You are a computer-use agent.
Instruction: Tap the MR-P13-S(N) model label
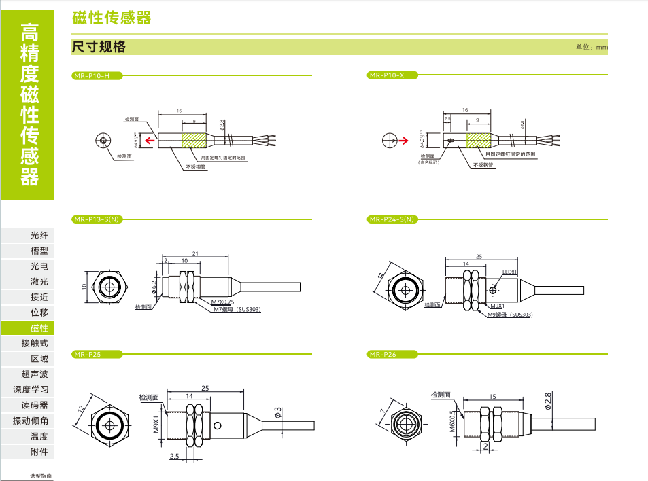(96, 219)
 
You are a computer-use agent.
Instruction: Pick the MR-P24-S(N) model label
(391, 219)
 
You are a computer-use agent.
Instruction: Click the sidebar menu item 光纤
(39, 236)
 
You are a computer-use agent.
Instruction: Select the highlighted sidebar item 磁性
(39, 328)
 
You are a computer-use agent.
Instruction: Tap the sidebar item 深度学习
(31, 390)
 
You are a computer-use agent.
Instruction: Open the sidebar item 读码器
(35, 406)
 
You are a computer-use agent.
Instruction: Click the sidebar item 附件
(39, 452)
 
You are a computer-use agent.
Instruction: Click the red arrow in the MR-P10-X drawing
(403, 141)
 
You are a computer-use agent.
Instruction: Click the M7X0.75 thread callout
(222, 302)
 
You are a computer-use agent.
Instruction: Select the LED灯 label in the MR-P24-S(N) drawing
(510, 271)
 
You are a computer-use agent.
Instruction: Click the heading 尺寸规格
(99, 48)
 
